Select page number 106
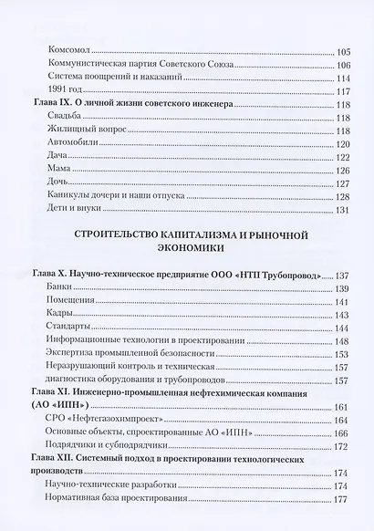342,65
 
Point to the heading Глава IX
53,105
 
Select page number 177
342,499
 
